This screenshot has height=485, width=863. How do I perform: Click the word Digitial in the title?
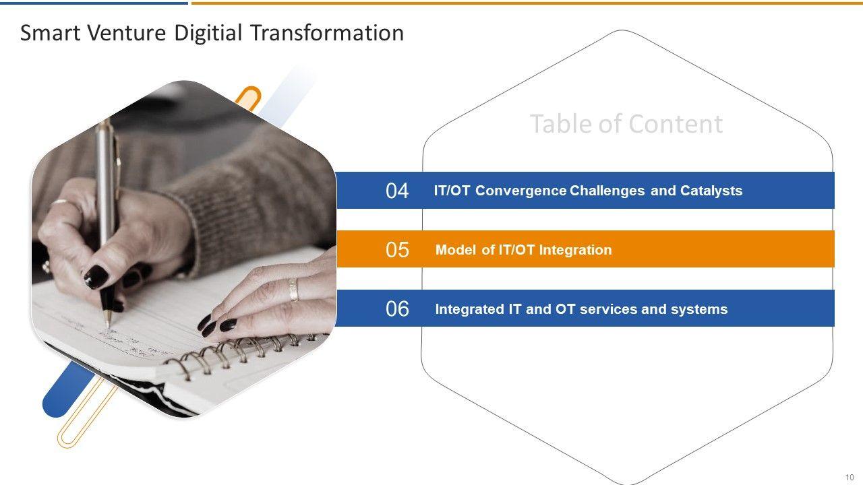(x=208, y=33)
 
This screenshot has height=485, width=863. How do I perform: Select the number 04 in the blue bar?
(x=397, y=191)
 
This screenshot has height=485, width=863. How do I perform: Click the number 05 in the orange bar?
(x=397, y=249)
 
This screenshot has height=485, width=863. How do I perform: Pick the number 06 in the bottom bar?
(x=397, y=309)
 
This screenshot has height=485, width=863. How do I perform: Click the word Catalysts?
(x=711, y=191)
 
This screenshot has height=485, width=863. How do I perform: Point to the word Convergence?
(x=520, y=191)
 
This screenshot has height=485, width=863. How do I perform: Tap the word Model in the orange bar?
(x=455, y=250)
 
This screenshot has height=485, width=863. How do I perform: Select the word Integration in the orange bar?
(x=575, y=250)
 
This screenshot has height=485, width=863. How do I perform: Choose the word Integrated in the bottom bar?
(x=470, y=309)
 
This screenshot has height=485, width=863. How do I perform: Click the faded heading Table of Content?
(x=626, y=124)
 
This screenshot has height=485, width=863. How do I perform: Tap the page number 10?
(x=849, y=478)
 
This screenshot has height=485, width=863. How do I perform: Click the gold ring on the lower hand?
(x=293, y=290)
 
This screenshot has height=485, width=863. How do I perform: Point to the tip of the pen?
(x=109, y=327)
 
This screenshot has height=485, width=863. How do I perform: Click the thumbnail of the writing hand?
(x=184, y=249)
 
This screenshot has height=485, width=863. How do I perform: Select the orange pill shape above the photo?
(x=249, y=98)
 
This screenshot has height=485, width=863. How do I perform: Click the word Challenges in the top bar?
(x=607, y=191)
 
